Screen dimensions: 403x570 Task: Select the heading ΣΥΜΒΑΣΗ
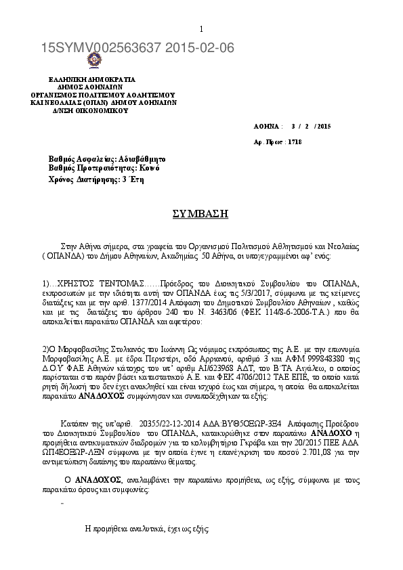pyautogui.click(x=200, y=213)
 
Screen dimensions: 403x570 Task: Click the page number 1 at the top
pyautogui.click(x=201, y=28)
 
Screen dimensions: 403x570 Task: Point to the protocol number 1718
pyautogui.click(x=295, y=142)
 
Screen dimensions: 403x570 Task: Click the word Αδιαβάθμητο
pyautogui.click(x=136, y=158)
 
